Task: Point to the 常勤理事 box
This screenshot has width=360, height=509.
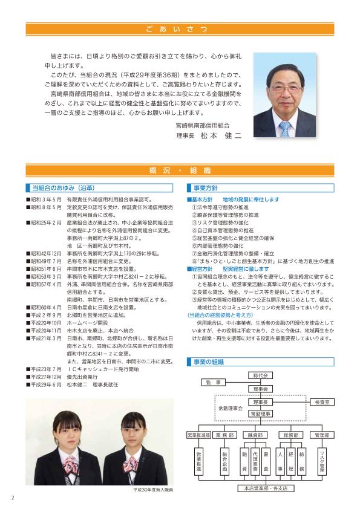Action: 261,412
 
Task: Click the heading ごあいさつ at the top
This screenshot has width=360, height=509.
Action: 180,28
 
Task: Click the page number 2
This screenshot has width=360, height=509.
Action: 12,498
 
